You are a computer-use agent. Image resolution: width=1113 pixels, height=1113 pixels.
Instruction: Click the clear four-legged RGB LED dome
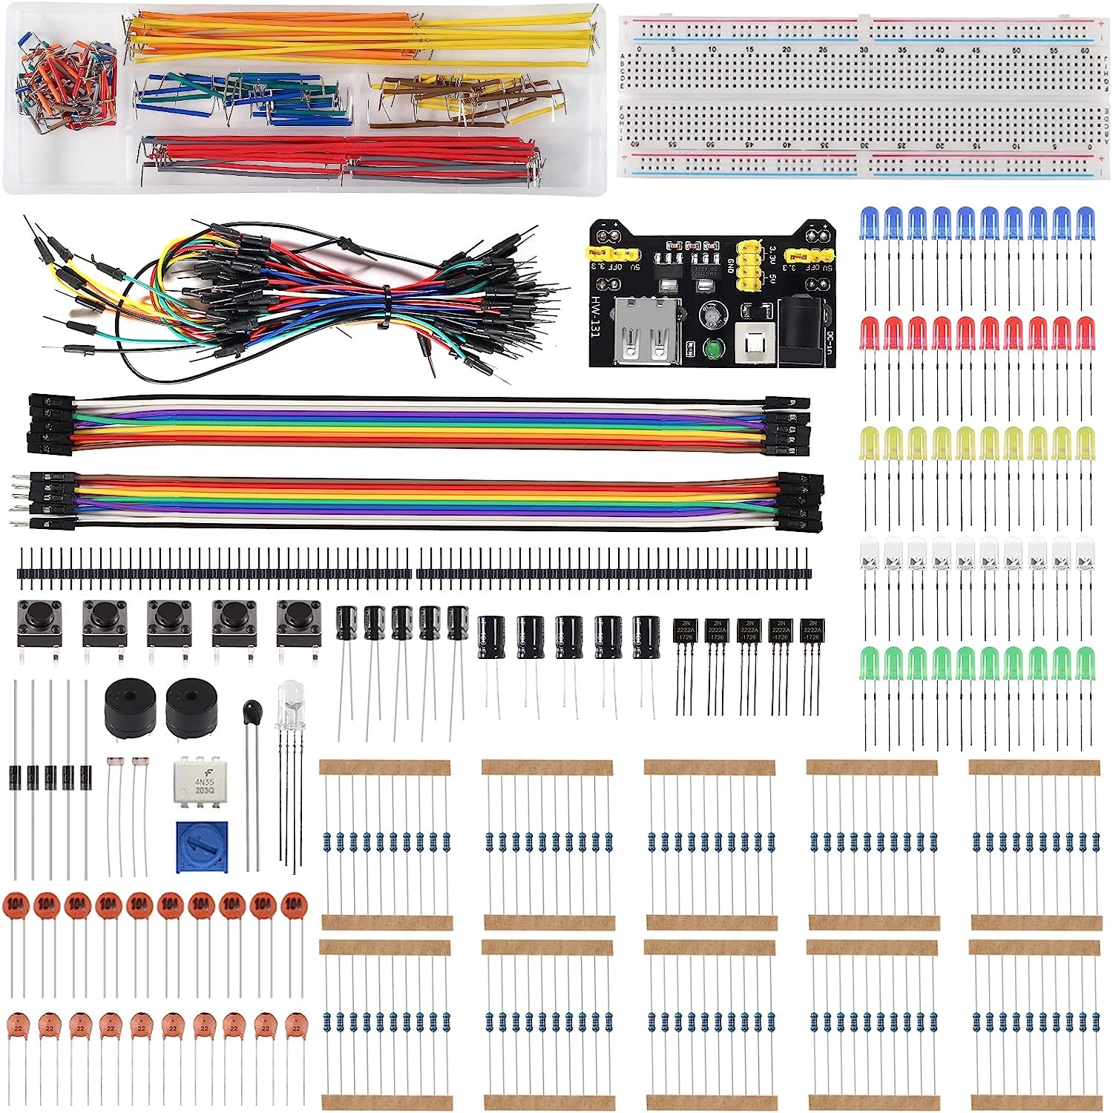(289, 701)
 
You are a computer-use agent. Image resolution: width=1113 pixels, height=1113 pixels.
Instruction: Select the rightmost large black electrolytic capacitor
(646, 636)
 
